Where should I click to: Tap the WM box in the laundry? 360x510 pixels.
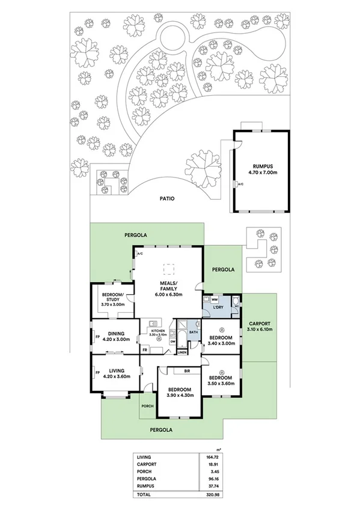[214, 299]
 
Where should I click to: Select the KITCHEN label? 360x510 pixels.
[157, 331]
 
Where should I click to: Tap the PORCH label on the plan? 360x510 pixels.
[147, 406]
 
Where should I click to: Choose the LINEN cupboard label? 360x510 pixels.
[190, 352]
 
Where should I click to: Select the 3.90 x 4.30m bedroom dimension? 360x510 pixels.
[180, 395]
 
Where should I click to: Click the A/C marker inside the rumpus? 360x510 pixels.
[240, 183]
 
